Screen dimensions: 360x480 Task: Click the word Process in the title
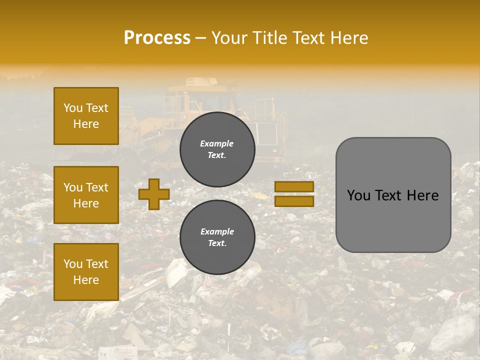coord(157,38)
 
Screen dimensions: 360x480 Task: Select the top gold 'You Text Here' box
coord(86,116)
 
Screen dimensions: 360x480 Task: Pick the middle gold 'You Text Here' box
coord(86,195)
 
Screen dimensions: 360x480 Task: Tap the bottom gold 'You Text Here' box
coord(86,272)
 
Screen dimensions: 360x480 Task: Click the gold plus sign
coord(153,194)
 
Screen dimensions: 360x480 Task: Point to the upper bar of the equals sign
coord(294,187)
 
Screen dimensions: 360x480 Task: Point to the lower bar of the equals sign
coord(294,201)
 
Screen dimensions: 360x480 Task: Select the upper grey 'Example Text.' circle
coord(217,149)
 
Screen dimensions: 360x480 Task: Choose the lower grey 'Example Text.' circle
coord(217,237)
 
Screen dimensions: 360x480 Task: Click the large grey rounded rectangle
coord(393,195)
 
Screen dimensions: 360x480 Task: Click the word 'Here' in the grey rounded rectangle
coord(423,195)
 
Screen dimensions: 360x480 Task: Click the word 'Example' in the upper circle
coord(217,143)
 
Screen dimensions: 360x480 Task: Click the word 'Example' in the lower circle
coord(217,231)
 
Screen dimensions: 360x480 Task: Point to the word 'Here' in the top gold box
coord(86,124)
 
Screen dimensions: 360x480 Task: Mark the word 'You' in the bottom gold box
coord(73,264)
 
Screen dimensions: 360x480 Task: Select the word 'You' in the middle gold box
coord(73,187)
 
